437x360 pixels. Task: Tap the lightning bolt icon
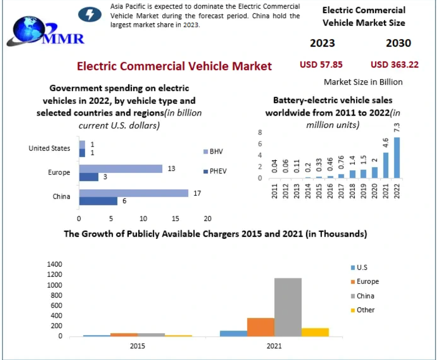[x=89, y=14]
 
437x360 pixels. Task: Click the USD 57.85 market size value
[x=321, y=64]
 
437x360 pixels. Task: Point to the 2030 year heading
[x=398, y=43]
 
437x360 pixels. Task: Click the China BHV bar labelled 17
[x=133, y=193]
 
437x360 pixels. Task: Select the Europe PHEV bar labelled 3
[x=89, y=177]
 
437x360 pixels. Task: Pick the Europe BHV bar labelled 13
[x=121, y=169]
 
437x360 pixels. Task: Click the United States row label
[x=49, y=148]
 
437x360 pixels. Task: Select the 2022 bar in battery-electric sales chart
[x=396, y=158]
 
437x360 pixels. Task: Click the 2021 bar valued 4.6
[x=385, y=165]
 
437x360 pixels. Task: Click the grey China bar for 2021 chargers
[x=288, y=307]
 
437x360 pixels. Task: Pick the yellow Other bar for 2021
[x=315, y=332]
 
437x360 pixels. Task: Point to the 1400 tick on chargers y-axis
[x=54, y=264]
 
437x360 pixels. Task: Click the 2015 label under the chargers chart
[x=137, y=346]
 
